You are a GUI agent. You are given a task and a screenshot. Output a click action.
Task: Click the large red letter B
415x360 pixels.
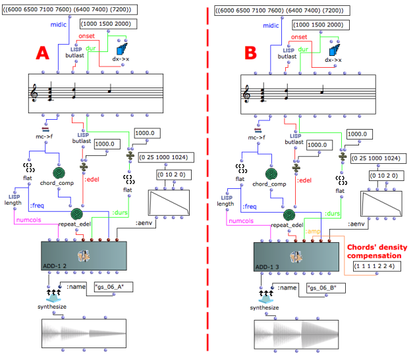252,53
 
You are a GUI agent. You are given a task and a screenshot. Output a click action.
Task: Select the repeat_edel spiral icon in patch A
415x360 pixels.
77,215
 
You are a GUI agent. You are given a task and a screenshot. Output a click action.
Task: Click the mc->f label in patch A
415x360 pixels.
45,138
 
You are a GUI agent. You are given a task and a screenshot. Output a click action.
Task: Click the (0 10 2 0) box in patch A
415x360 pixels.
169,176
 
